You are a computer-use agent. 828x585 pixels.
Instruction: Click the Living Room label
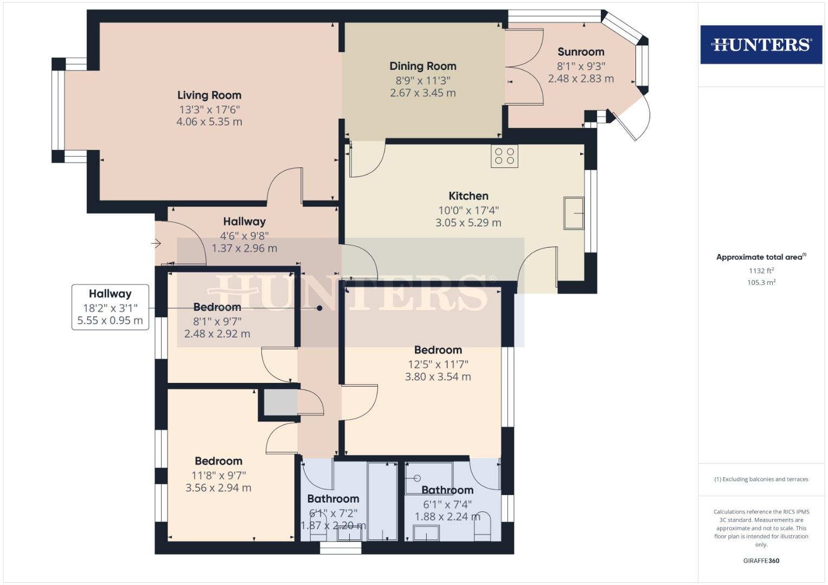tap(209, 95)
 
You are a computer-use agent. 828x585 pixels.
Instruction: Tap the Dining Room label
tap(422, 66)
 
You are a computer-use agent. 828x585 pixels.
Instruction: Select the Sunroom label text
tap(581, 52)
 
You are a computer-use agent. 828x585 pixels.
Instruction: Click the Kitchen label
tap(468, 196)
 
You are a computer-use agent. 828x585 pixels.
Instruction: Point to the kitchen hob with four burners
tap(504, 156)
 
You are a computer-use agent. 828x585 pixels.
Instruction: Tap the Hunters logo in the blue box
tap(761, 44)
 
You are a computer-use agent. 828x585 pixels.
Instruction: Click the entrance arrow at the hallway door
tap(156, 244)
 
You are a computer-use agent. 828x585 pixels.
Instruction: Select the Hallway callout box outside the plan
tap(110, 307)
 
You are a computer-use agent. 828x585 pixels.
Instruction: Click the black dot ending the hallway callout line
tap(320, 308)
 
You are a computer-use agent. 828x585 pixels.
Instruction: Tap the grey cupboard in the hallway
tap(281, 402)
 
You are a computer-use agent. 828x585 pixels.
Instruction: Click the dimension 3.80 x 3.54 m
tap(438, 376)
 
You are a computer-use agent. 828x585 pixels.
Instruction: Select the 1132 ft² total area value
tap(761, 271)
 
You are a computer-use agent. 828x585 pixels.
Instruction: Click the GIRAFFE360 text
tap(761, 561)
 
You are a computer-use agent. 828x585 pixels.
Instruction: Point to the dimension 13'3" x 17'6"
tap(209, 109)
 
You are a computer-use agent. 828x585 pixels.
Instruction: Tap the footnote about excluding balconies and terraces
tap(761, 479)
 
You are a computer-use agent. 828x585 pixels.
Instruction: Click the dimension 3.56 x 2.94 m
tap(218, 487)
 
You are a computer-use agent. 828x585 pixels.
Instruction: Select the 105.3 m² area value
tap(761, 282)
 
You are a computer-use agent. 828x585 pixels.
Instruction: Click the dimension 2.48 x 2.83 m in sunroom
tap(581, 79)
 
